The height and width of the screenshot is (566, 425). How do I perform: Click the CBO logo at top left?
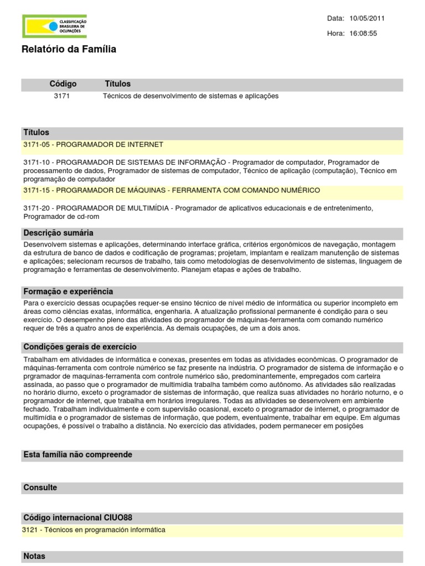pyautogui.click(x=54, y=26)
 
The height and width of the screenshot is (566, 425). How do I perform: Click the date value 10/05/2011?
pyautogui.click(x=367, y=18)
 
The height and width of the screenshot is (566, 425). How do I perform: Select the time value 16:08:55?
pyautogui.click(x=363, y=33)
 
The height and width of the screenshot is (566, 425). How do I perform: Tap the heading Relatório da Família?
pyautogui.click(x=69, y=50)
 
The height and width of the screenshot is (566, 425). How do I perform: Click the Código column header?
pyautogui.click(x=63, y=84)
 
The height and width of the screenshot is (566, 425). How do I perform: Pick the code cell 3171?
pyautogui.click(x=61, y=96)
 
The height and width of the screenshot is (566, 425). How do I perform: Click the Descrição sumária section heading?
pyautogui.click(x=58, y=233)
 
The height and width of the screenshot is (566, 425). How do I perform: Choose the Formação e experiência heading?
pyautogui.click(x=68, y=292)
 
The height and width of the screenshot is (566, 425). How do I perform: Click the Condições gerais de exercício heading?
pyautogui.click(x=80, y=347)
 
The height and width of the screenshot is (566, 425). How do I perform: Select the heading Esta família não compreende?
pyautogui.click(x=77, y=455)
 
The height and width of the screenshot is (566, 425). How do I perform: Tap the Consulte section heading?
pyautogui.click(x=40, y=488)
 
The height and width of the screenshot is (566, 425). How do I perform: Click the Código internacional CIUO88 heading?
pyautogui.click(x=77, y=518)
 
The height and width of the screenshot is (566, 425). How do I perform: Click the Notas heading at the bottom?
pyautogui.click(x=34, y=556)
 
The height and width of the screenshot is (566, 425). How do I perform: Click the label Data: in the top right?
pyautogui.click(x=335, y=18)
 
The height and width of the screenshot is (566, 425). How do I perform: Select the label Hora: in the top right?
pyautogui.click(x=335, y=33)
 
